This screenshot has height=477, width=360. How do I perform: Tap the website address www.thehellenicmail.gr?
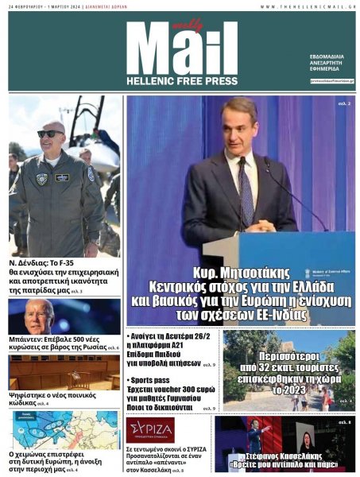[x=307, y=7]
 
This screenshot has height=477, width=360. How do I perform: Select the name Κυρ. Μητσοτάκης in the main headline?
[x=240, y=273]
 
